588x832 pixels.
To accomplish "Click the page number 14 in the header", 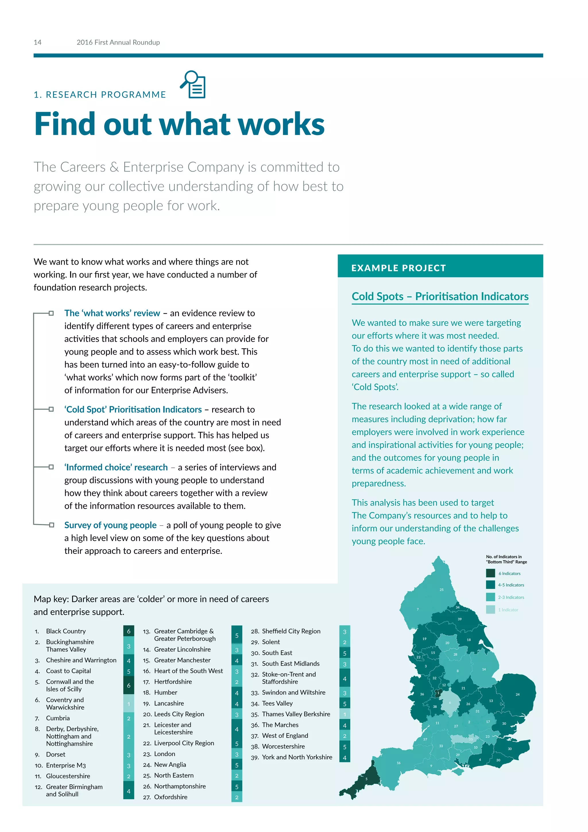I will (37, 43).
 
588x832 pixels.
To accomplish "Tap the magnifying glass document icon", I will (194, 84).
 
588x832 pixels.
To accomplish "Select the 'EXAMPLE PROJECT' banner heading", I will (398, 268).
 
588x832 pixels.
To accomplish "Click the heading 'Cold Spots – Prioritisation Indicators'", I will (440, 296).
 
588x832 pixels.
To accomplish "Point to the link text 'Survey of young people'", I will (111, 525).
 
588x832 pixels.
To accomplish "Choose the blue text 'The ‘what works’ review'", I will (112, 313).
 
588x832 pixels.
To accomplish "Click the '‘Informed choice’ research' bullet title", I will (116, 467).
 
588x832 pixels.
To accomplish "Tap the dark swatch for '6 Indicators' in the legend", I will (490, 573).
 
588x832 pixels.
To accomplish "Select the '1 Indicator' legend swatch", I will (490, 610).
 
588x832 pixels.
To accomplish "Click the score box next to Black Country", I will (129, 631).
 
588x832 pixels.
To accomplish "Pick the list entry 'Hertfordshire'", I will (173, 682).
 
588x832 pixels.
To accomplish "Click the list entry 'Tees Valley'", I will (277, 703).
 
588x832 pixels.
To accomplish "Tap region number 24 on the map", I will (517, 694).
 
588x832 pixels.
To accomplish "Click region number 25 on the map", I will (441, 590).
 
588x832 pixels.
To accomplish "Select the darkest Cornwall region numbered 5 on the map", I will (366, 779).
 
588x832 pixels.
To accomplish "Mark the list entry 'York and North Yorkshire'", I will (297, 757).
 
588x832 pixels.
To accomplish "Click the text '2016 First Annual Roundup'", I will (118, 43).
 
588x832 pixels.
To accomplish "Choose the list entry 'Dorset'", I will (55, 754).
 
